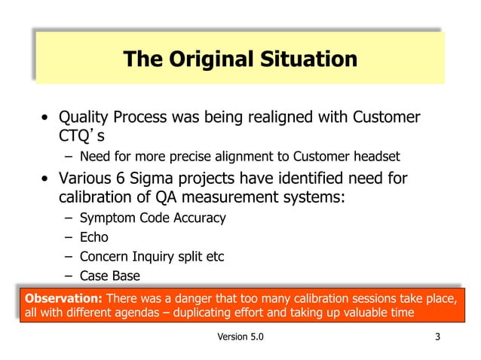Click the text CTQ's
click(x=80, y=136)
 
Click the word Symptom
click(x=108, y=218)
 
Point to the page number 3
click(x=437, y=336)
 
